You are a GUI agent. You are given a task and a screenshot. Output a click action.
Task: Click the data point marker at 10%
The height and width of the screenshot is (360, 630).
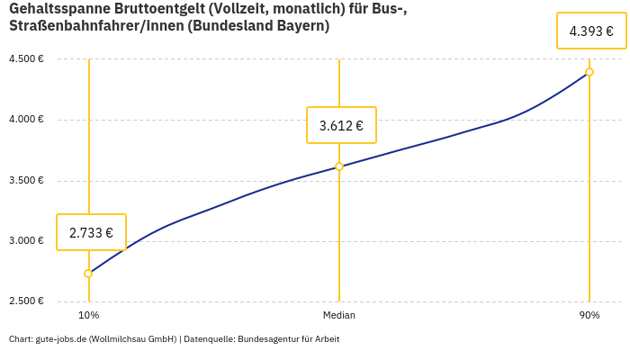pos(88,274)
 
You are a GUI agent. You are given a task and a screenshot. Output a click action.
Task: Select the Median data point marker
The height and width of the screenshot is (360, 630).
pos(339,166)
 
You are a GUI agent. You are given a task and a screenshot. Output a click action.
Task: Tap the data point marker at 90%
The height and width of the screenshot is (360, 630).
pos(589,72)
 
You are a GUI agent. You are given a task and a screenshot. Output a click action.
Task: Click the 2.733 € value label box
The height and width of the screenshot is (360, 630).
pos(91,232)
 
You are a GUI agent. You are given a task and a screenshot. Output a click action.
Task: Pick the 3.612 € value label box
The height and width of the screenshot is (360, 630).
pos(341,125)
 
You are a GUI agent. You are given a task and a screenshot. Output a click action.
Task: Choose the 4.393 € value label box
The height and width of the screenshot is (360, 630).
pos(591,31)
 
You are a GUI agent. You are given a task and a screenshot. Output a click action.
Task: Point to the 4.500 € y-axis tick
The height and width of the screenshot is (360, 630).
pos(26,58)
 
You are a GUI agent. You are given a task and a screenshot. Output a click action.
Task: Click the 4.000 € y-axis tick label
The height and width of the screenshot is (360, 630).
pos(26,119)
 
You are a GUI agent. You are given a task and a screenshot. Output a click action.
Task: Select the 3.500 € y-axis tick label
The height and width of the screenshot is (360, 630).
pos(26,180)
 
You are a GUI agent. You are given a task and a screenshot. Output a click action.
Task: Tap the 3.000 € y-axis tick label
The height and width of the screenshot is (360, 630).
pos(26,240)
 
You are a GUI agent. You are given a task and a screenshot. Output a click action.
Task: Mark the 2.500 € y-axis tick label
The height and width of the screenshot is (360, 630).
pos(26,301)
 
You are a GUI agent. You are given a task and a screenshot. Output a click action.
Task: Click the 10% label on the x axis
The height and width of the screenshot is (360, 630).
pos(88,315)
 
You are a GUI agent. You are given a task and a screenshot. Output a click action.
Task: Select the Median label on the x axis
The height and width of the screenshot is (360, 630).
pos(339,315)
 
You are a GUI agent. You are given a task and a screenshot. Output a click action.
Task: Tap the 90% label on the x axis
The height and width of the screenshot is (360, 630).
pos(589,315)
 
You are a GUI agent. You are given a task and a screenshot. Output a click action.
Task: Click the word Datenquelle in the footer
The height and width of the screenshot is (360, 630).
pos(209,339)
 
